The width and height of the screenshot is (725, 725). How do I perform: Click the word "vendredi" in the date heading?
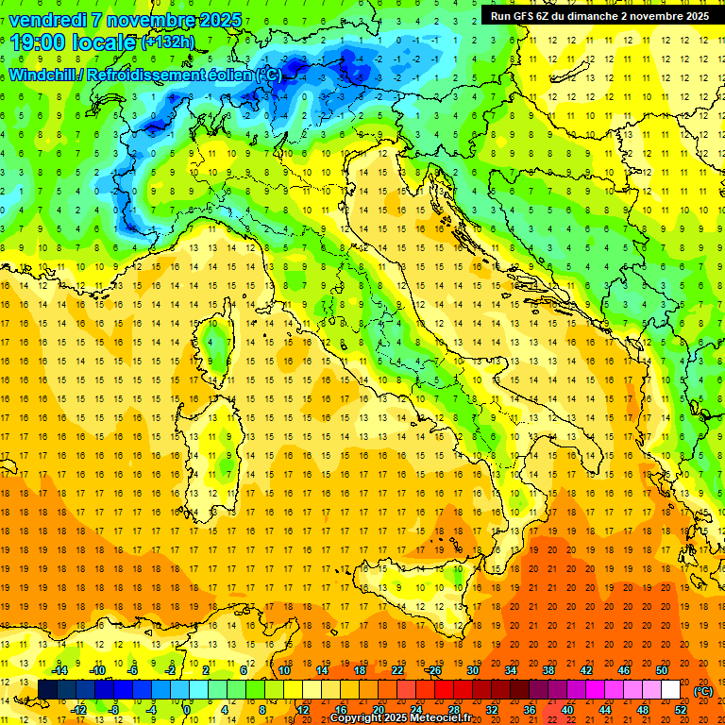(x=47, y=20)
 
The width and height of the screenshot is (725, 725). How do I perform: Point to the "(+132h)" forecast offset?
(x=167, y=42)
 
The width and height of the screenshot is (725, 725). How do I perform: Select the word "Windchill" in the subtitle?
(x=42, y=74)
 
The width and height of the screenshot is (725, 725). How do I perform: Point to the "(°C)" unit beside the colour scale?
(x=703, y=691)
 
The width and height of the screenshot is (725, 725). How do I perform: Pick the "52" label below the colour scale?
(x=681, y=709)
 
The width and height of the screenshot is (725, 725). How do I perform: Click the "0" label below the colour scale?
(x=187, y=709)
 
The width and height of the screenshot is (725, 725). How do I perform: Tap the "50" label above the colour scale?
(x=662, y=669)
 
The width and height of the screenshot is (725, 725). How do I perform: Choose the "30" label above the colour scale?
(x=472, y=669)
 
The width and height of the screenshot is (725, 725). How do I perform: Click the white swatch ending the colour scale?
(x=671, y=689)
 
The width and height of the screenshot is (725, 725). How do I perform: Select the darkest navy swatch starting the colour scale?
(x=48, y=689)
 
